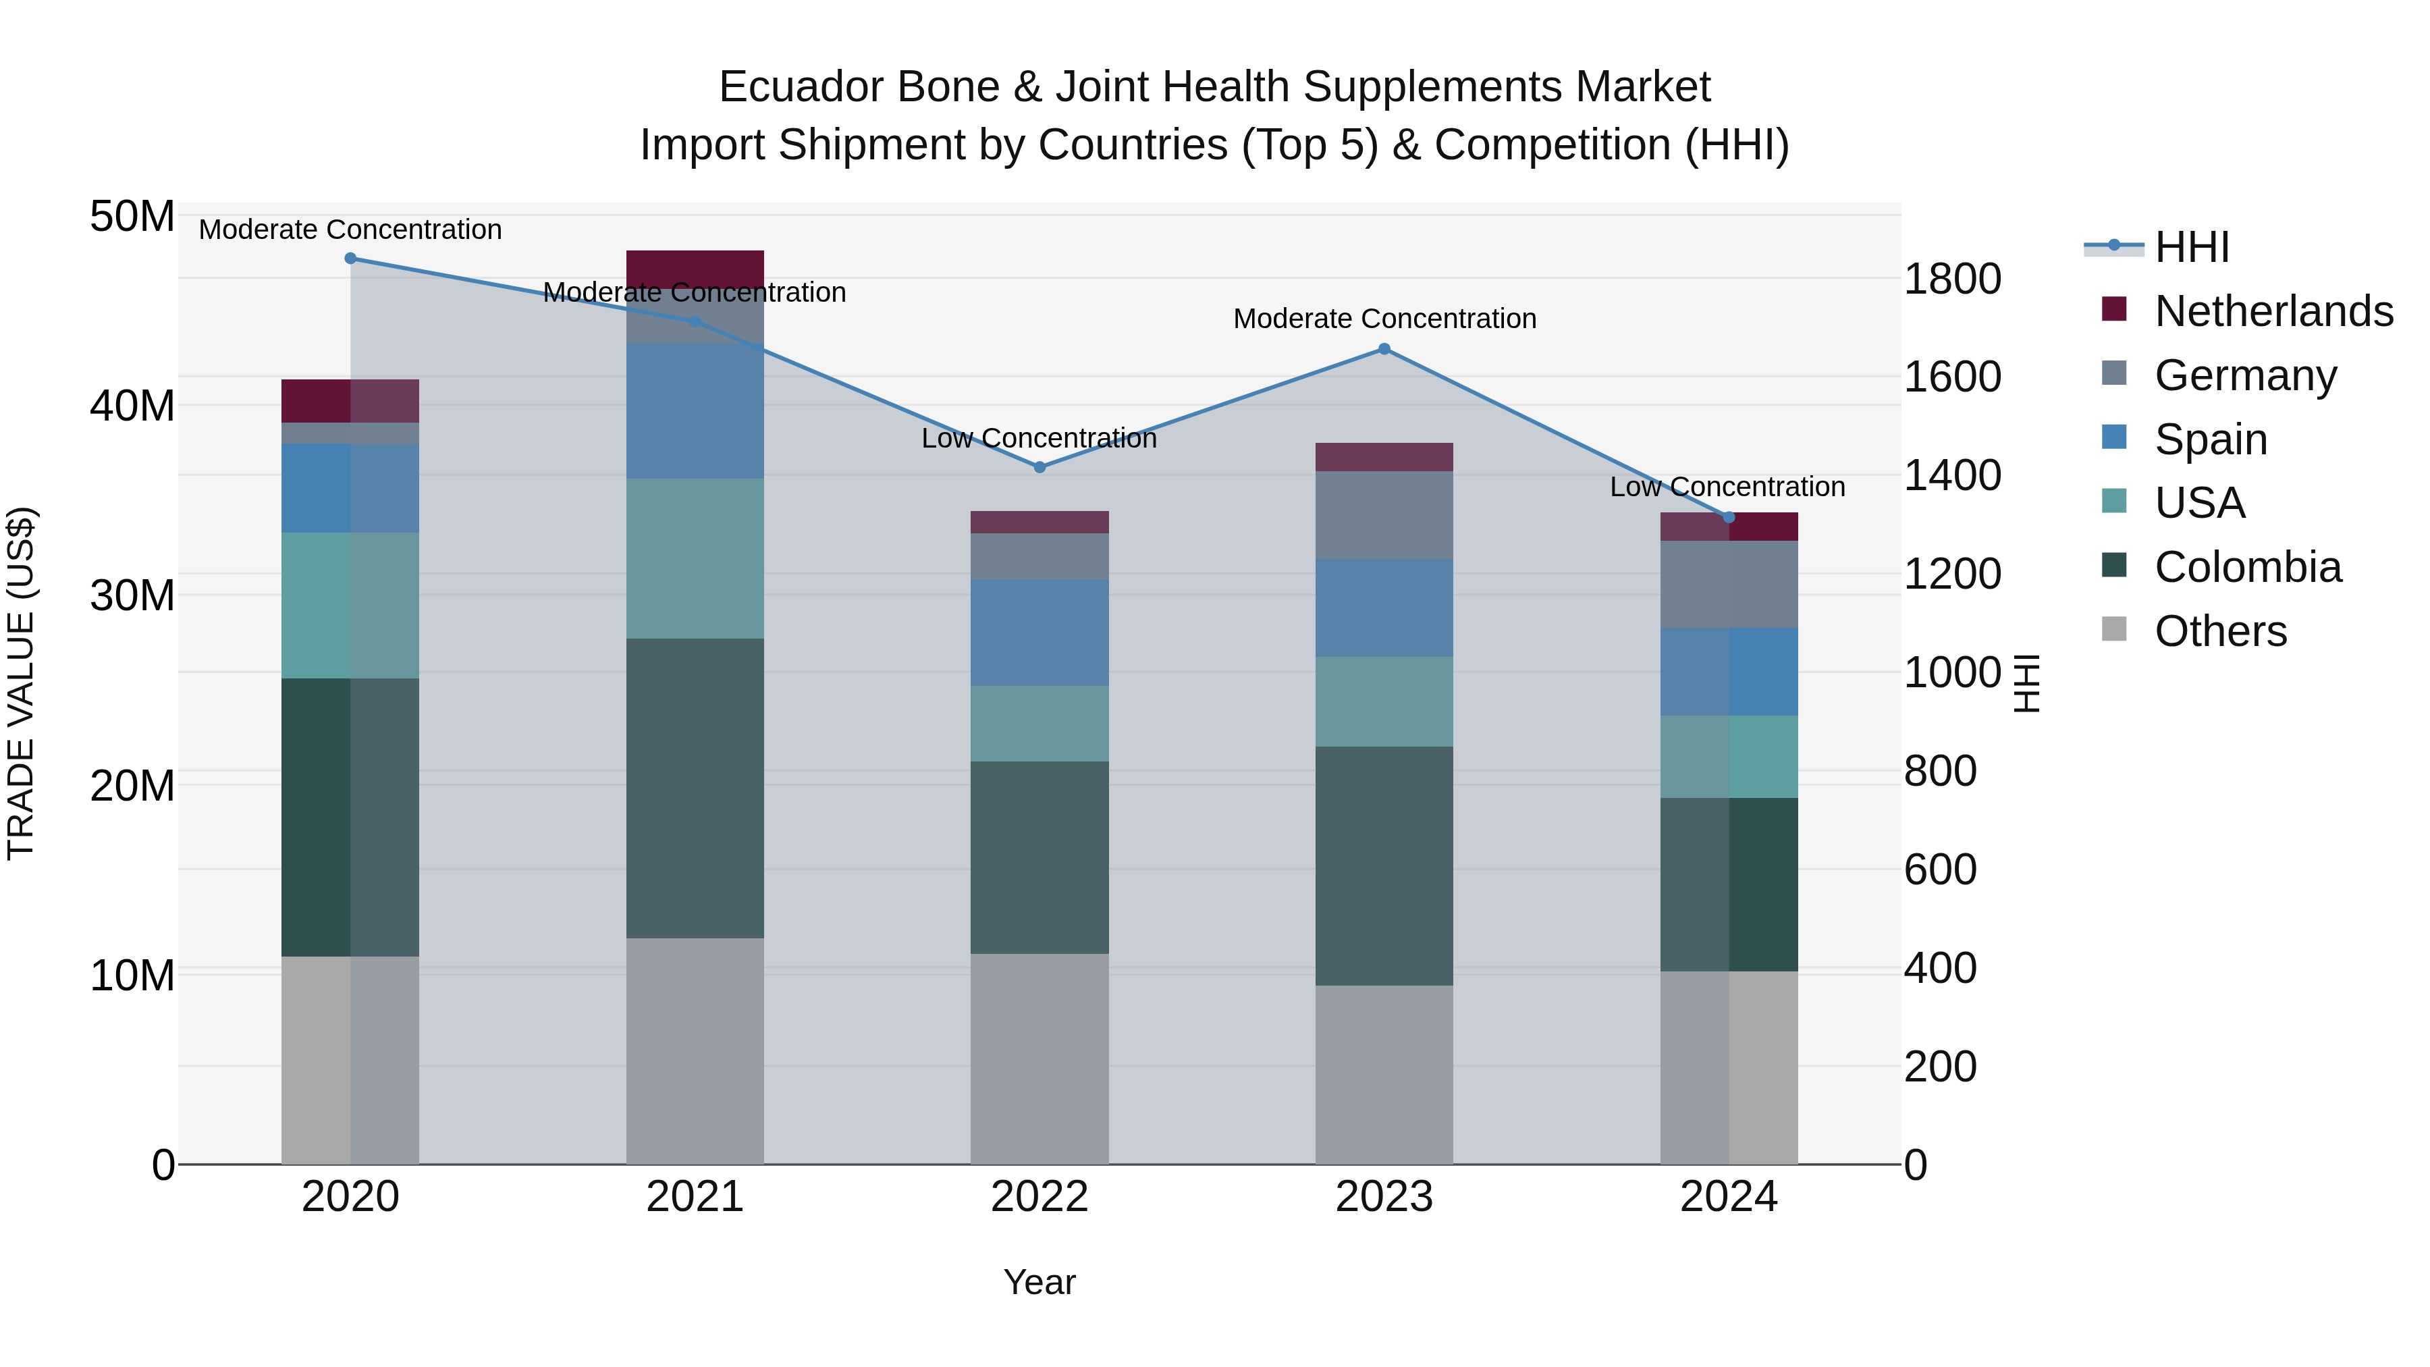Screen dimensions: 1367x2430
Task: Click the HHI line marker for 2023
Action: (1384, 349)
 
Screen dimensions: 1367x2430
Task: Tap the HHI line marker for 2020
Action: (350, 259)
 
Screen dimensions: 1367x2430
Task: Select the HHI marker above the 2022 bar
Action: (1039, 467)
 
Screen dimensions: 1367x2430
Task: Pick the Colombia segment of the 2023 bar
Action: (1384, 866)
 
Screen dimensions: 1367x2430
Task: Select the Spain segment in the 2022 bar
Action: (1039, 632)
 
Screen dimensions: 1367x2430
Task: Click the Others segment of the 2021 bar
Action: (695, 1050)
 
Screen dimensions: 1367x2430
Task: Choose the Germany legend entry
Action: (2245, 375)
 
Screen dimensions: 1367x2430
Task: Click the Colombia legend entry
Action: (2247, 567)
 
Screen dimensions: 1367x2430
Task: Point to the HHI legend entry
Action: (2190, 247)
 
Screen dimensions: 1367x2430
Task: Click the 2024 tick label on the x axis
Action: (1728, 1197)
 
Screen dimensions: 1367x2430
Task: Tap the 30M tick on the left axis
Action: (132, 596)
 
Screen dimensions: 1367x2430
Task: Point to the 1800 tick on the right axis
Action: (1951, 279)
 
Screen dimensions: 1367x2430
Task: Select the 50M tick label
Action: (132, 217)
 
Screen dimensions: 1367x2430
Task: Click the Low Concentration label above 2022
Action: (1039, 439)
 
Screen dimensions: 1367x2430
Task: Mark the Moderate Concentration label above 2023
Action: (1384, 319)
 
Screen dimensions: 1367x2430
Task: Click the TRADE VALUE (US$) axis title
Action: (21, 683)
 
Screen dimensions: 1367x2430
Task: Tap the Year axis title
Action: (1039, 1282)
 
